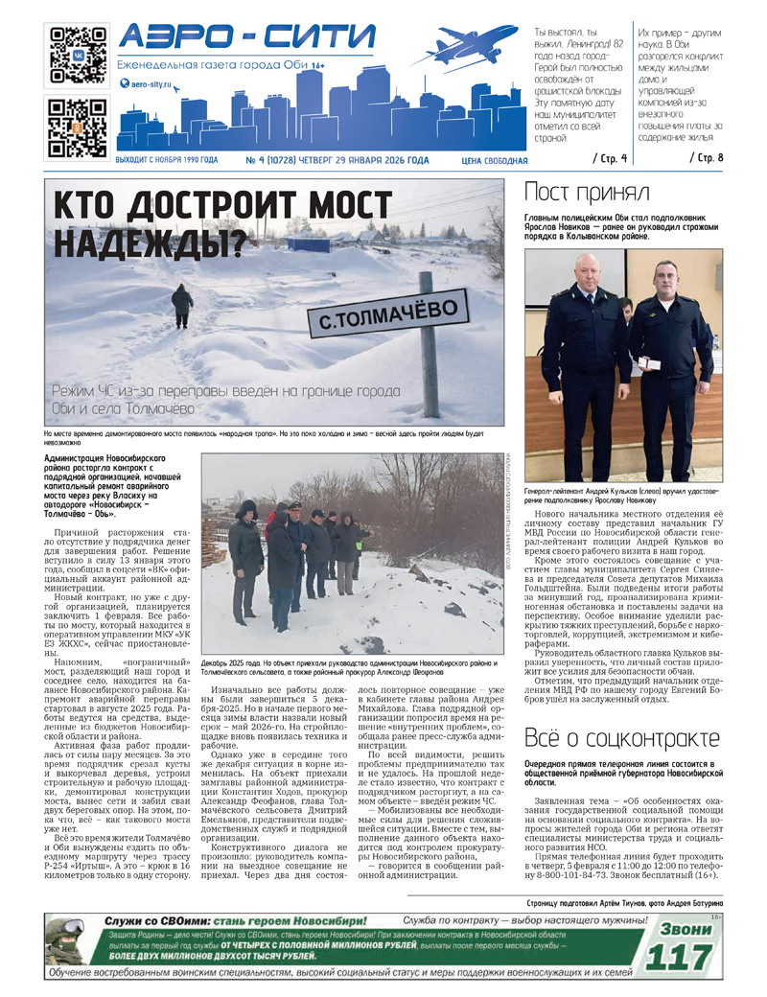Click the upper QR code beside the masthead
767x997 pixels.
(77, 53)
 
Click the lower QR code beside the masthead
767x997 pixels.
(77, 128)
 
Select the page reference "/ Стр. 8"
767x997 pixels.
(707, 156)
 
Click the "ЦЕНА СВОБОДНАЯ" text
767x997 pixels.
(494, 161)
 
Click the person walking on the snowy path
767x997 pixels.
(182, 306)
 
